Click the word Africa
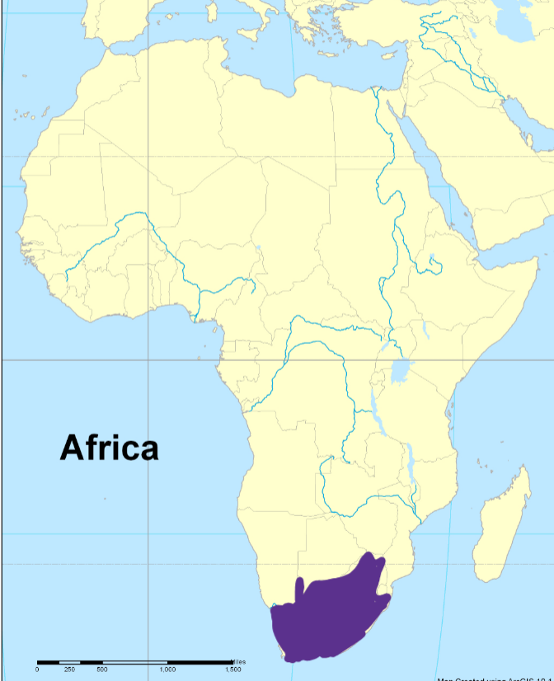coord(109,448)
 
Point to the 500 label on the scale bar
coord(102,669)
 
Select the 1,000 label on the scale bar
coord(167,669)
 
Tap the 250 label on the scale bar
coord(69,669)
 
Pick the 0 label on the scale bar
coord(37,669)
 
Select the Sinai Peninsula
coord(395,103)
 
